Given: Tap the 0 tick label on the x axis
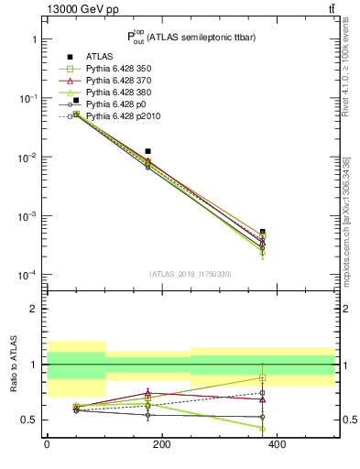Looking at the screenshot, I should click(47, 444).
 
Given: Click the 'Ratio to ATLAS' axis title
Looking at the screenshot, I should click(12, 365).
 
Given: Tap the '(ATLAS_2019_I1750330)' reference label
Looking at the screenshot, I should click(190, 274).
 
